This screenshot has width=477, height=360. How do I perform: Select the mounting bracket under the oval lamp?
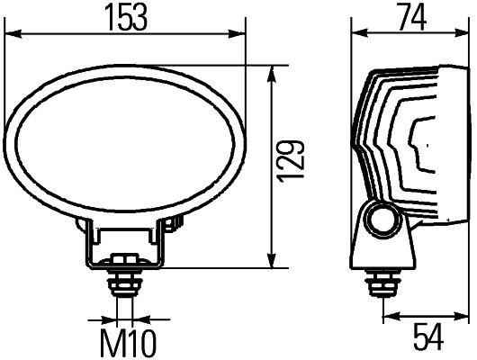125,243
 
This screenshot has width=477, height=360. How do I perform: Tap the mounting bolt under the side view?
383,285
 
